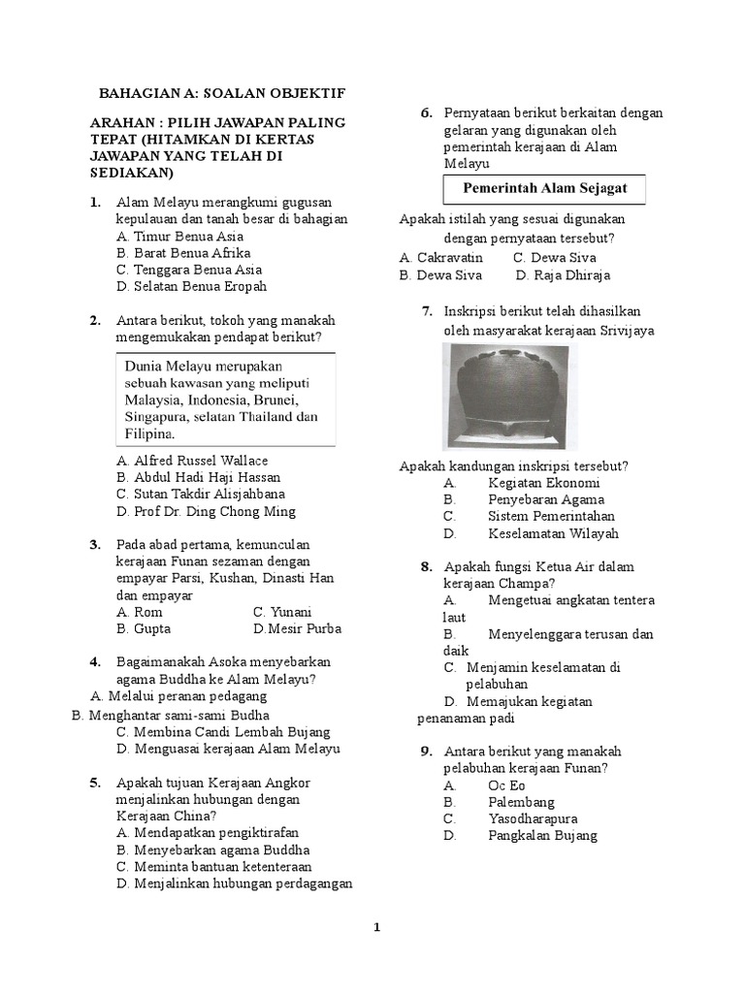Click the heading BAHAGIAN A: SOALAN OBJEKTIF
222,93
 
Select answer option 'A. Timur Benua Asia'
179,236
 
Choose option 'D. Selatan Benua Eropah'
191,287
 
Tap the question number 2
95,321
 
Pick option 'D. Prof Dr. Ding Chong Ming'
206,512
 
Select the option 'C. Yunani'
282,612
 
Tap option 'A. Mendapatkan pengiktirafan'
207,832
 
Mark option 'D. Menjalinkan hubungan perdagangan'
234,883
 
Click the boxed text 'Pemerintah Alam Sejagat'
544,188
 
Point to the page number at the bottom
377,927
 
